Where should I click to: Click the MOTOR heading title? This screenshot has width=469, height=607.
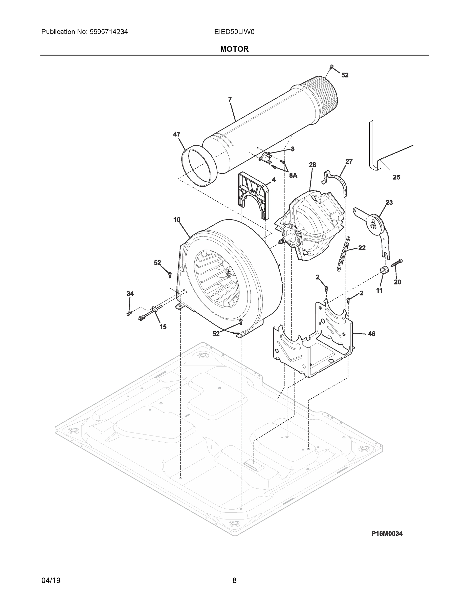click(234, 49)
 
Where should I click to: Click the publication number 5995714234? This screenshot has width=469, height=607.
click(109, 32)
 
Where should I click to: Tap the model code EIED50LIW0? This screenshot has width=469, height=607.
click(234, 32)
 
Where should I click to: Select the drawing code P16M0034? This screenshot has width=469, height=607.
click(387, 533)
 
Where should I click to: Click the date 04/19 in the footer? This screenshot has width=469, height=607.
click(51, 581)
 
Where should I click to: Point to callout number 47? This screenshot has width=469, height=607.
click(177, 134)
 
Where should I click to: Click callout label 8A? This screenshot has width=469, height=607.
click(293, 175)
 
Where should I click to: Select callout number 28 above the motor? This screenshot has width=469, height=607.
click(312, 165)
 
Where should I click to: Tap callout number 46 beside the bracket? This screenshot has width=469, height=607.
click(371, 334)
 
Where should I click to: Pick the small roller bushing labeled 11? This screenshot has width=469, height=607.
click(384, 270)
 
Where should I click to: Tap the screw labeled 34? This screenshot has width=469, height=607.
click(129, 314)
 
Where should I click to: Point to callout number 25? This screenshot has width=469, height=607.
click(396, 177)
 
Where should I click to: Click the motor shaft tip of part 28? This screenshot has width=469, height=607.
click(281, 242)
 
